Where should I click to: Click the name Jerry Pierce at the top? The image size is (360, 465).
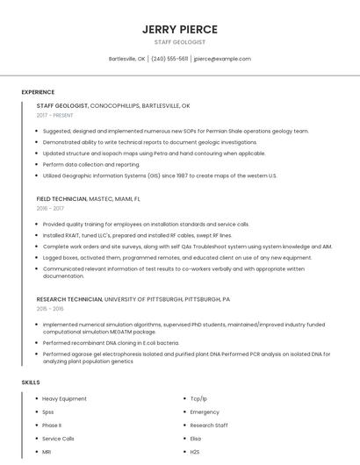click(179, 29)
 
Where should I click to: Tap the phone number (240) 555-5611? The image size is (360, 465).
click(169, 59)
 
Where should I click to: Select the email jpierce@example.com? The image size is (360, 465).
click(222, 59)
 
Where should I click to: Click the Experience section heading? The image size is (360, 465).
click(38, 92)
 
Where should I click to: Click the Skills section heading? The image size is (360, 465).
click(31, 383)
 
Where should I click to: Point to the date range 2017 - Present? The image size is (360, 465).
click(55, 115)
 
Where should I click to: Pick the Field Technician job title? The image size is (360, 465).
click(62, 199)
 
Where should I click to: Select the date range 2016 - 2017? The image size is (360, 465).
click(50, 209)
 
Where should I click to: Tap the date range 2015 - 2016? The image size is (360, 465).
click(50, 309)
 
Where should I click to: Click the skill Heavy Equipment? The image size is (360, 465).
click(64, 398)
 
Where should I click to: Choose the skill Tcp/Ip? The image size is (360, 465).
click(198, 398)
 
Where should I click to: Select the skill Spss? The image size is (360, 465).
click(48, 411)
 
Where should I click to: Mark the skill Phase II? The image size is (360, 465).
click(52, 425)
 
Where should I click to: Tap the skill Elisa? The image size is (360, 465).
click(196, 438)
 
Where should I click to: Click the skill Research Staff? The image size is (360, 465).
click(209, 425)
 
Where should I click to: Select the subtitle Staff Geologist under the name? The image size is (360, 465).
click(179, 42)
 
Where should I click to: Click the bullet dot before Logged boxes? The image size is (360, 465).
click(36, 257)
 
